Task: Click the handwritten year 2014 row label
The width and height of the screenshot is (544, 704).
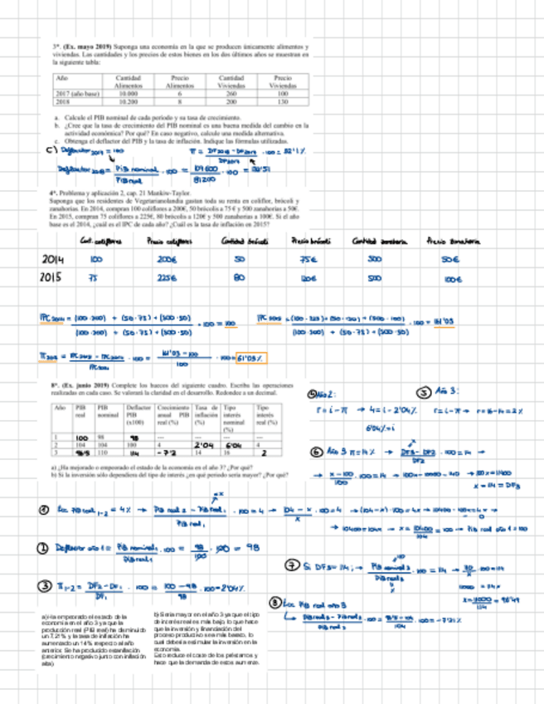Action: (53, 261)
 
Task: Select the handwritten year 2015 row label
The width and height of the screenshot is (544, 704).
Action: (53, 278)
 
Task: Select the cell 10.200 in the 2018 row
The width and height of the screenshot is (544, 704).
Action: (129, 102)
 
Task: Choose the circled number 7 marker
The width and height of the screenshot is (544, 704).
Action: (292, 565)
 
